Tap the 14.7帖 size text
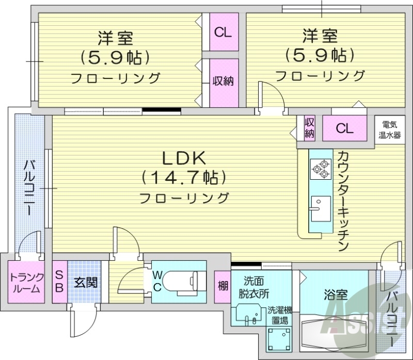[184, 178]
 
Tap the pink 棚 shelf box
[223, 285]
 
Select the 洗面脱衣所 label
[256, 287]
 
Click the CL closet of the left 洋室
[224, 32]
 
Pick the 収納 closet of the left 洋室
[224, 82]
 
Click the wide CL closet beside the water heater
[345, 128]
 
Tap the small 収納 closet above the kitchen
[309, 128]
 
